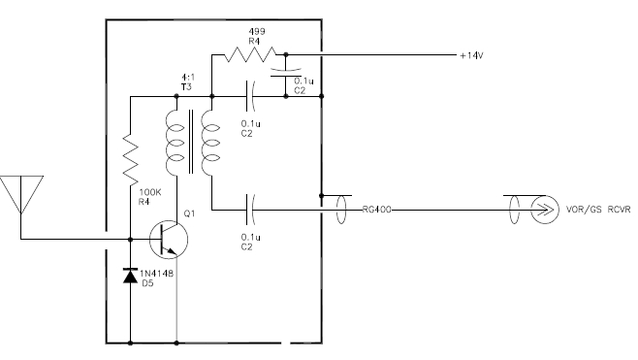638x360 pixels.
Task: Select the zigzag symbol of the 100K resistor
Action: point(130,161)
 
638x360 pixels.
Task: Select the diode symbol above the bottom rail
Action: point(130,276)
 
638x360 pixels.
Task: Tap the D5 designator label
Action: point(148,285)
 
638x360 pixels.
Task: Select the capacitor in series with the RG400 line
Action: point(251,208)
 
